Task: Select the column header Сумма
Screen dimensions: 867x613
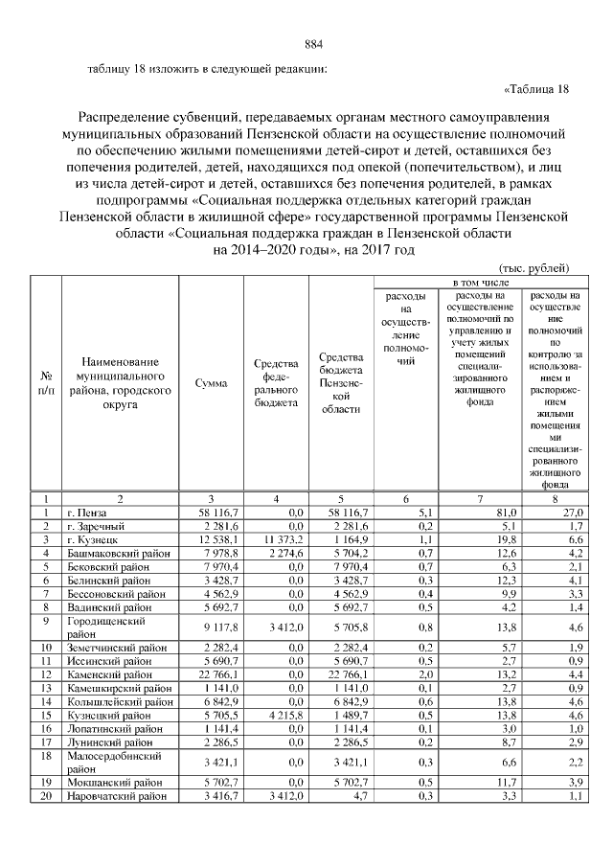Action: (x=211, y=383)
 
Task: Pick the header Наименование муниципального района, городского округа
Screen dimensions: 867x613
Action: (x=119, y=383)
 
